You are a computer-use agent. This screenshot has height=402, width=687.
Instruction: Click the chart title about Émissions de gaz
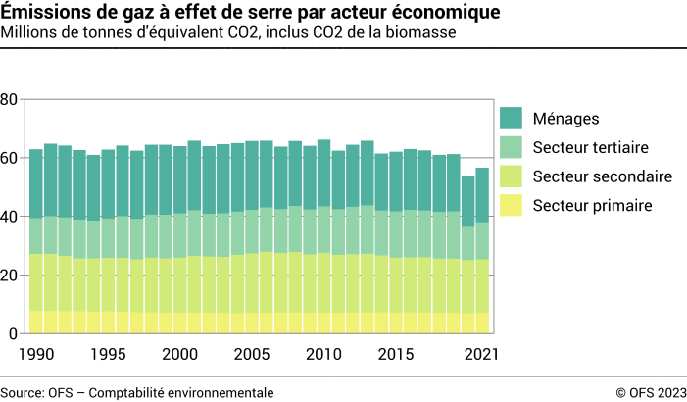click(249, 13)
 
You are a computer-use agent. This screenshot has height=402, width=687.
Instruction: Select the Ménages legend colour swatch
click(511, 119)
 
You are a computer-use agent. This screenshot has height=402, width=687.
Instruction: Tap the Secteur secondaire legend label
click(602, 176)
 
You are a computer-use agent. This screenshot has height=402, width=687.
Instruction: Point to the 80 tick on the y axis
click(9, 99)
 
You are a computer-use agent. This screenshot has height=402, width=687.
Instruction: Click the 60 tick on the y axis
click(9, 158)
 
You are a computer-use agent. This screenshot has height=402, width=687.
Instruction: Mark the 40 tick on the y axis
click(9, 217)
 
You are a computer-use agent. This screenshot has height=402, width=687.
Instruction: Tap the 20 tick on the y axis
click(9, 276)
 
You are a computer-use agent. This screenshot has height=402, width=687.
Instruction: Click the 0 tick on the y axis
click(13, 334)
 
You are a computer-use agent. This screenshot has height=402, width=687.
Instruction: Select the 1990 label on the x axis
click(36, 354)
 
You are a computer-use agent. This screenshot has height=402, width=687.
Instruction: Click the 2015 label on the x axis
click(395, 354)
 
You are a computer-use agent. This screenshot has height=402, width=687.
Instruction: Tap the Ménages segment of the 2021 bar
click(482, 195)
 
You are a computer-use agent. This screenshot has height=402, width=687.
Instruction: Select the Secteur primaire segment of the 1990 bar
click(36, 323)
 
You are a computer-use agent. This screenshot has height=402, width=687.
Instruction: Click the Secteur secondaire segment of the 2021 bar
click(482, 286)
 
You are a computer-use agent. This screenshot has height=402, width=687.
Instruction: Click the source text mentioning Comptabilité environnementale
click(137, 392)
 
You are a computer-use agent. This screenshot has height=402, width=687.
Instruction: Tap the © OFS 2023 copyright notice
click(651, 392)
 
